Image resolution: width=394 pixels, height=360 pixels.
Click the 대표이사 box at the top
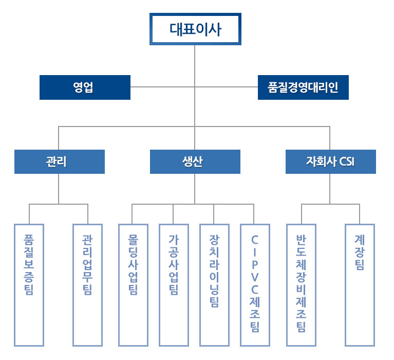(x=195, y=29)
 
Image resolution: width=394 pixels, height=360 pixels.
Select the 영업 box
(x=85, y=87)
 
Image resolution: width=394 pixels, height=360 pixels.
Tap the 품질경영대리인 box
(x=303, y=87)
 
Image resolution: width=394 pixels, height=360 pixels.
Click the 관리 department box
(x=59, y=161)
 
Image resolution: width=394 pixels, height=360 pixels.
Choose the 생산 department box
(x=195, y=161)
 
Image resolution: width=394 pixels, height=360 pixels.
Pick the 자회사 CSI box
(x=330, y=161)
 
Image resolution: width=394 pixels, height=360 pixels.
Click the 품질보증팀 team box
(x=29, y=284)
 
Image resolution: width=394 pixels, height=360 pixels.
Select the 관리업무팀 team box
(x=87, y=284)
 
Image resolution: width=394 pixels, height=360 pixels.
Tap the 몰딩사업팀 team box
(x=133, y=284)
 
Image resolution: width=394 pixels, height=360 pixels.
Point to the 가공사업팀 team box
(x=173, y=284)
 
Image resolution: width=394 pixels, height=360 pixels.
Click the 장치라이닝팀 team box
(x=214, y=284)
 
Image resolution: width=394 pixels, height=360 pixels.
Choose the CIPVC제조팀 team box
(x=255, y=284)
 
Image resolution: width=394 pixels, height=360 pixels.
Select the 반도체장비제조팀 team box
(x=301, y=284)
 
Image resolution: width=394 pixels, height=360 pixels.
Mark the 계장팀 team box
(x=360, y=284)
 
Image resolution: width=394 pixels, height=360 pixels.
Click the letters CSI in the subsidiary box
(x=347, y=162)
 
